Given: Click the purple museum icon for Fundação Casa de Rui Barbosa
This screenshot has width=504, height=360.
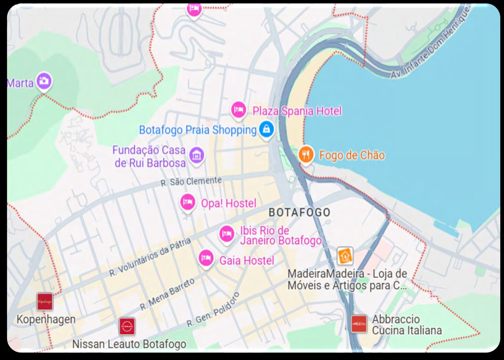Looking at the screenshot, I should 197,155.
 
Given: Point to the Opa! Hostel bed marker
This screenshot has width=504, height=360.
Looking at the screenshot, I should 188,203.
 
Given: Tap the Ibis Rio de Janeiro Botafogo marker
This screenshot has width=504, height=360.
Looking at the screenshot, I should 227,234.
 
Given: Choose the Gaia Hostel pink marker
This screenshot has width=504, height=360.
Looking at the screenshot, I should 206,258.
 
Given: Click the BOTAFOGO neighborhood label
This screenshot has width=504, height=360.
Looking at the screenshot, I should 299,212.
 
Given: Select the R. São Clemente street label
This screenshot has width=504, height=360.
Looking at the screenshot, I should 191,181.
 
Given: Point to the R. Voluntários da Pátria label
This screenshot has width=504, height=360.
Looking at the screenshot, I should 150,257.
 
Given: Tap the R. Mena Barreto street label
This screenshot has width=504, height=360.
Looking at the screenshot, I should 167,294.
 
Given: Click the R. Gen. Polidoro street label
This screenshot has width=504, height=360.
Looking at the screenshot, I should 213,310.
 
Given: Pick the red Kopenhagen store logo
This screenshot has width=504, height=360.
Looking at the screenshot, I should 45,302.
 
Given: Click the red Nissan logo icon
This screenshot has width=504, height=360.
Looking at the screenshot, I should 127,327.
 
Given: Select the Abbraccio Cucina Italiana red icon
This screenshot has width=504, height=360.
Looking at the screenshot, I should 359,324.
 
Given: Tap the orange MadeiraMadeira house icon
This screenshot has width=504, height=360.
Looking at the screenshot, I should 345,256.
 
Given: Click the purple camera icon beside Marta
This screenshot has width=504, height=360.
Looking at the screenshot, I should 44,81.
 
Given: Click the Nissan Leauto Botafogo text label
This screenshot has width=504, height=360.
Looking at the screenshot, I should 129,344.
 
